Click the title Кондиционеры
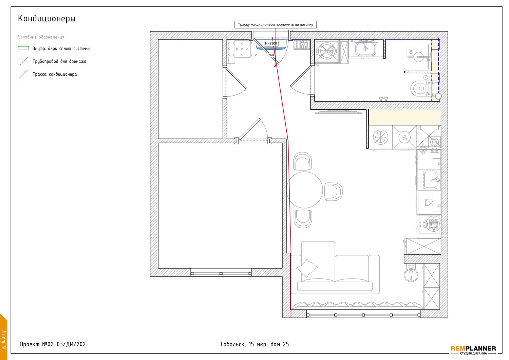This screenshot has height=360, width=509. pos(46,18)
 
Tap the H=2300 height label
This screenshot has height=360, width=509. pos(271,43)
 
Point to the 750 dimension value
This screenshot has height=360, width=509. pos(271,55)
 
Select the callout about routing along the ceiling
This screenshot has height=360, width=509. pos(276,24)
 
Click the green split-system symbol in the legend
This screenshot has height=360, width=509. pos(23,48)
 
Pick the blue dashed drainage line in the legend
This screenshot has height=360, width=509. pos(23,61)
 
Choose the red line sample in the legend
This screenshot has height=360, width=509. pos(23,74)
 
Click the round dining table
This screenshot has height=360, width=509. pos(304,190)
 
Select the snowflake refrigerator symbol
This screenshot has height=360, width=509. pos(381,137)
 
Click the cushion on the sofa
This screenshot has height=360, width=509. pos(307,268)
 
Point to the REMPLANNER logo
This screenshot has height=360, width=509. pos(474,350)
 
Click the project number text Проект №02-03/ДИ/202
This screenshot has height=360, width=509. pos(53,344)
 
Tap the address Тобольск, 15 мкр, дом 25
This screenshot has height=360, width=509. pos(254,344)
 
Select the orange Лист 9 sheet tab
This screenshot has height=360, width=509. pos(3,337)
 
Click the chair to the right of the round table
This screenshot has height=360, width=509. pos(333,192)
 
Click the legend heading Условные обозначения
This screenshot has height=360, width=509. pos(42,37)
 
